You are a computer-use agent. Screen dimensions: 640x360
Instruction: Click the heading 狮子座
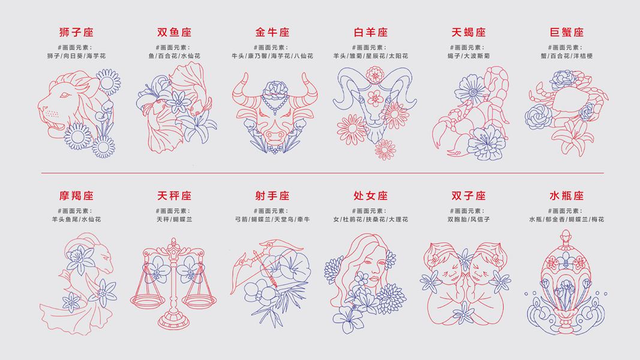[76, 32]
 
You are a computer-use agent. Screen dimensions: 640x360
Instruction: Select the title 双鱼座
[175, 32]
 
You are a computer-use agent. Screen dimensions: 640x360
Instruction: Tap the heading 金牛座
[272, 32]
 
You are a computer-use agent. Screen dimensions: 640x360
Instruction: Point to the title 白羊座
[371, 32]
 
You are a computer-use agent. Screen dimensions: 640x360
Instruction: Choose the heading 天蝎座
[468, 32]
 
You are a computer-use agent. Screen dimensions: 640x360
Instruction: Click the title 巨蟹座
[567, 32]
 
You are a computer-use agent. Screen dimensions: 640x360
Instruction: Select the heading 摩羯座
[76, 196]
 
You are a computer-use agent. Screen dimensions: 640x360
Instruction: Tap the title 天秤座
[175, 196]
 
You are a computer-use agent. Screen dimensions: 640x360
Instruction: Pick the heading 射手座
[272, 196]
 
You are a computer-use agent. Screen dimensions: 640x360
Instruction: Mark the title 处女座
[371, 196]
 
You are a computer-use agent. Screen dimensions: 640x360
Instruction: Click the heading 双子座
[468, 196]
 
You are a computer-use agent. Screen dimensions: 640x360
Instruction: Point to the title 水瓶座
[567, 196]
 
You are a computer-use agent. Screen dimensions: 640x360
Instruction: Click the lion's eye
[65, 95]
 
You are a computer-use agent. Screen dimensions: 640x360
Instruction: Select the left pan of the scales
[148, 301]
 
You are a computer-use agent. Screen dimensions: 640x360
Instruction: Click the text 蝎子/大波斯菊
[468, 56]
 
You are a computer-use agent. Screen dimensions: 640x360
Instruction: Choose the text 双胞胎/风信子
[468, 220]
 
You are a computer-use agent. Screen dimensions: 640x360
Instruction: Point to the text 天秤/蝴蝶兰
[175, 220]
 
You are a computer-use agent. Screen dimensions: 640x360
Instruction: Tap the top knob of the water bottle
[566, 235]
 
